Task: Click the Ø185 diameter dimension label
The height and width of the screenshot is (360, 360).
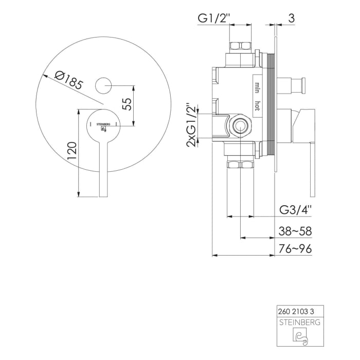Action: click(x=68, y=80)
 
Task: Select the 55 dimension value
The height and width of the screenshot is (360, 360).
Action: click(x=127, y=104)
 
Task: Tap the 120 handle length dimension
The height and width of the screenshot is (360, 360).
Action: click(x=72, y=151)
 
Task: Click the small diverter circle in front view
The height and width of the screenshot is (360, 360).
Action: click(x=103, y=85)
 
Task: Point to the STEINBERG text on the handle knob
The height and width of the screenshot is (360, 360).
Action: click(x=103, y=124)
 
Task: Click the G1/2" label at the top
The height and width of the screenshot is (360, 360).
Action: click(x=214, y=19)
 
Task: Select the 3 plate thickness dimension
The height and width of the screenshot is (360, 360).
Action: click(x=291, y=18)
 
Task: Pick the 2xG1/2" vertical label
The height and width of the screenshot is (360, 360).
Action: click(x=191, y=125)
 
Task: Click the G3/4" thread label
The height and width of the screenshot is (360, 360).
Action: click(x=296, y=210)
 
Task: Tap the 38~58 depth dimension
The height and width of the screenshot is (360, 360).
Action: click(x=295, y=231)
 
